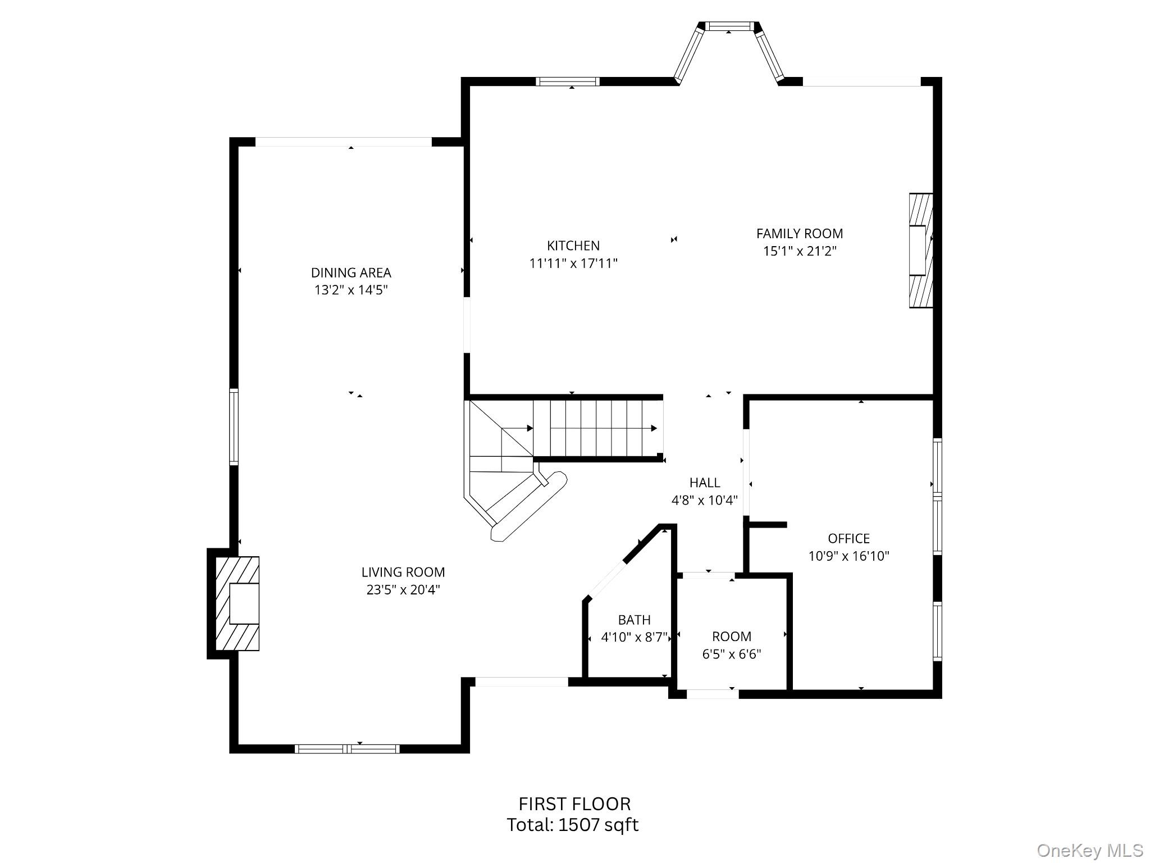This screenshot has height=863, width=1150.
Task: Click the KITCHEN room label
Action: pyautogui.click(x=573, y=246)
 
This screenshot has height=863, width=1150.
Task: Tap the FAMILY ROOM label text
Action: pyautogui.click(x=799, y=233)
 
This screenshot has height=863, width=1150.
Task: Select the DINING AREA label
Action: pyautogui.click(x=351, y=272)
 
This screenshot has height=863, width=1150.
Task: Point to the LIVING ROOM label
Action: pyautogui.click(x=403, y=572)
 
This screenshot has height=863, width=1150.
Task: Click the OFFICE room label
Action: pyautogui.click(x=848, y=538)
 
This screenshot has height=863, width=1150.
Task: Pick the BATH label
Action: pyautogui.click(x=634, y=620)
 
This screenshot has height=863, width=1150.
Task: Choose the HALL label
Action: pyautogui.click(x=704, y=483)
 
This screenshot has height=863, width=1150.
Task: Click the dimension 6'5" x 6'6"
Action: pyautogui.click(x=731, y=654)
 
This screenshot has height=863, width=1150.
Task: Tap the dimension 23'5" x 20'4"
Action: pyautogui.click(x=403, y=589)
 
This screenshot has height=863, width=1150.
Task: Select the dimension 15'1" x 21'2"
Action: pyautogui.click(x=799, y=251)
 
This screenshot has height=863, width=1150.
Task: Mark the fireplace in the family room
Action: pyautogui.click(x=921, y=251)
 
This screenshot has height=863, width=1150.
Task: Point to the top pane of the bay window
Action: pyautogui.click(x=728, y=26)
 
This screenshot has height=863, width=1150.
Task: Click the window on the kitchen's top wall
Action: pyautogui.click(x=568, y=81)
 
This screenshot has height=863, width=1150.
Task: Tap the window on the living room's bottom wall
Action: pyautogui.click(x=347, y=748)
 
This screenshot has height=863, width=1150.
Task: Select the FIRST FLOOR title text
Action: pyautogui.click(x=574, y=804)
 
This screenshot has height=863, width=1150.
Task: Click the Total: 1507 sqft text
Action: pyautogui.click(x=573, y=825)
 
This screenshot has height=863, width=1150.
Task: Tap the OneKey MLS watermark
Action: pyautogui.click(x=1089, y=850)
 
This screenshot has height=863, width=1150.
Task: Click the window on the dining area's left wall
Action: pyautogui.click(x=234, y=426)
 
